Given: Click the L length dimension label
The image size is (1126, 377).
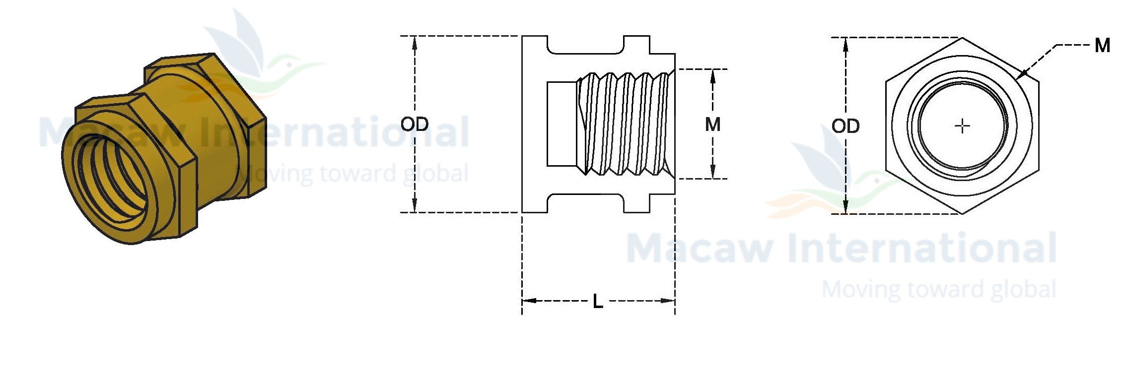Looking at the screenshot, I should (x=598, y=301).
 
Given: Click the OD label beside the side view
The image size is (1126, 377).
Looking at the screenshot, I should (x=415, y=124).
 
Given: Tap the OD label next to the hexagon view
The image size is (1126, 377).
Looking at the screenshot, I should (x=845, y=126).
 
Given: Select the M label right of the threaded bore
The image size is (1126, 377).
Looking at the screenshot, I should (x=712, y=124).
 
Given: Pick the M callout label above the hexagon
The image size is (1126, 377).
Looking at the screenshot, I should (x=1102, y=46).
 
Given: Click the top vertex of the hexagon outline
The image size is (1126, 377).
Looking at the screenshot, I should (x=962, y=38).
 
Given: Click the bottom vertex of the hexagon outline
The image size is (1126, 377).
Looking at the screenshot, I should (x=962, y=214).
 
